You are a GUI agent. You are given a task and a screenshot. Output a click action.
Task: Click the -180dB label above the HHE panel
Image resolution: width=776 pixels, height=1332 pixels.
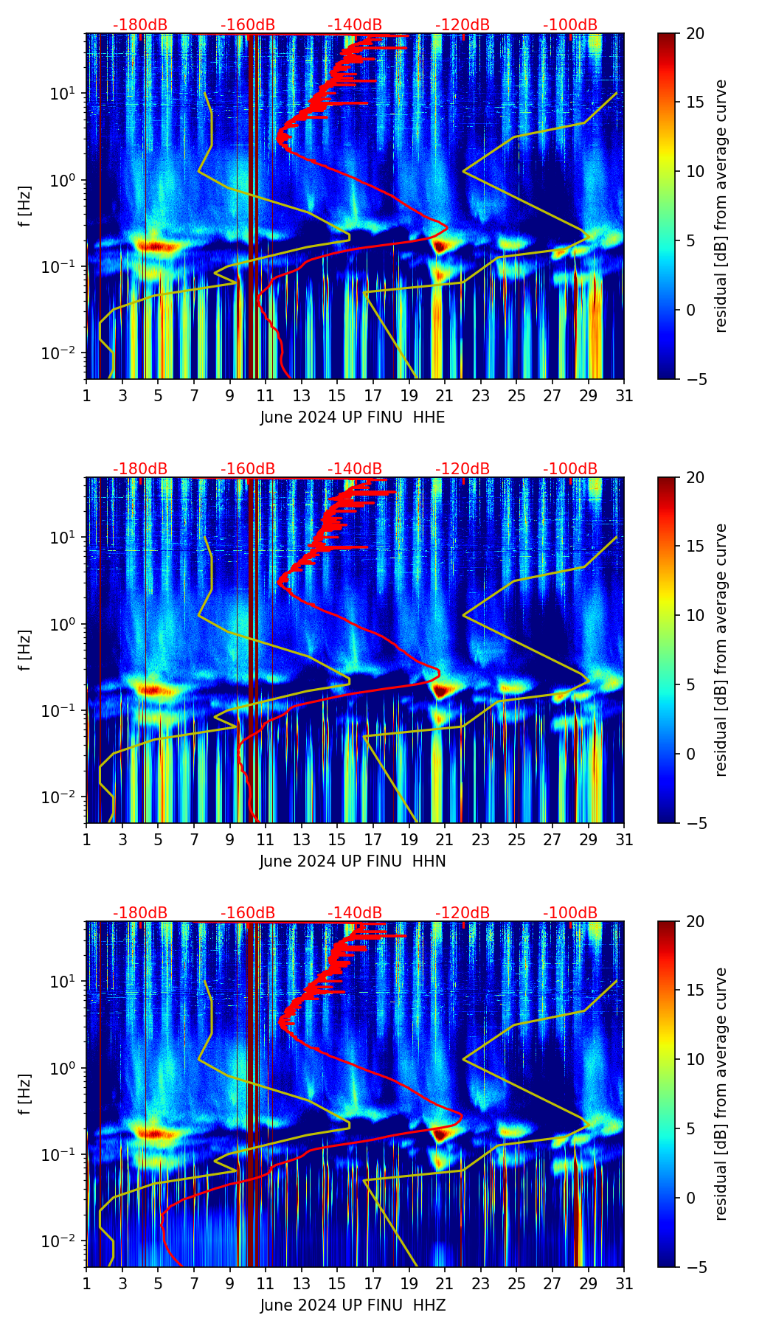tap(140, 25)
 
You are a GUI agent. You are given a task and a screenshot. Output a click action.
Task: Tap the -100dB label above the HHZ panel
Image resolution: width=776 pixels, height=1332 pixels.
tap(570, 913)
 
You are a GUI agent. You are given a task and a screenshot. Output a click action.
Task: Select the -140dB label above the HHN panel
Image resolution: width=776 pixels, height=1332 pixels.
tap(355, 469)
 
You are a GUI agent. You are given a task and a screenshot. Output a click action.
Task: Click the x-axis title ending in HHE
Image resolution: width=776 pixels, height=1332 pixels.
tap(353, 417)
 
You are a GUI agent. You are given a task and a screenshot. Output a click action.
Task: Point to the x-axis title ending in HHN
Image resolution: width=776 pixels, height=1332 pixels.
tap(353, 861)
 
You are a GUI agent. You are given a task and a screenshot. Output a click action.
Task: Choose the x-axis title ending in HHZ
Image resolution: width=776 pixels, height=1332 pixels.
tap(353, 1305)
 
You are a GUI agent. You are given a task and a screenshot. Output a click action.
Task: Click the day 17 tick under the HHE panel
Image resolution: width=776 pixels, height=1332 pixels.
tap(373, 395)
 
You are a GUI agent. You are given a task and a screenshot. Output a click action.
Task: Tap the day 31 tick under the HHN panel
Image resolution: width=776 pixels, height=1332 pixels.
tap(624, 839)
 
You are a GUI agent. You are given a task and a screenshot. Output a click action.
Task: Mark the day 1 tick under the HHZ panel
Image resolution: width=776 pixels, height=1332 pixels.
tap(86, 1283)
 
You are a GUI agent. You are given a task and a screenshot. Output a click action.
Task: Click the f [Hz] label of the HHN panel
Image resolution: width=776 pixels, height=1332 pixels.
tap(25, 650)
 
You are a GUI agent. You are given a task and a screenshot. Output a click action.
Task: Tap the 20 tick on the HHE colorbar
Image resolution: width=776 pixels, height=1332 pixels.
tap(695, 33)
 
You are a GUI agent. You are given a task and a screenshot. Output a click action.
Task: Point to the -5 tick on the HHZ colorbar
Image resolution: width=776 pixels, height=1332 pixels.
tap(695, 1267)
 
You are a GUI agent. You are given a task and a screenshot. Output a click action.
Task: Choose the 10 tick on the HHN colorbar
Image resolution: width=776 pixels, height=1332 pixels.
tap(695, 615)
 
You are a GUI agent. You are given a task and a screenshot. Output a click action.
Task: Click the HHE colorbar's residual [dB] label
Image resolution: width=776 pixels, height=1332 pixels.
tap(721, 206)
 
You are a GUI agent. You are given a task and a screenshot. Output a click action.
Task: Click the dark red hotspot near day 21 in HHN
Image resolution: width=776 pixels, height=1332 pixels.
tap(441, 691)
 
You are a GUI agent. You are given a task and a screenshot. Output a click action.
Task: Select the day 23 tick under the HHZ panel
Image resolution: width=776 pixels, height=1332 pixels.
tap(481, 1283)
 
